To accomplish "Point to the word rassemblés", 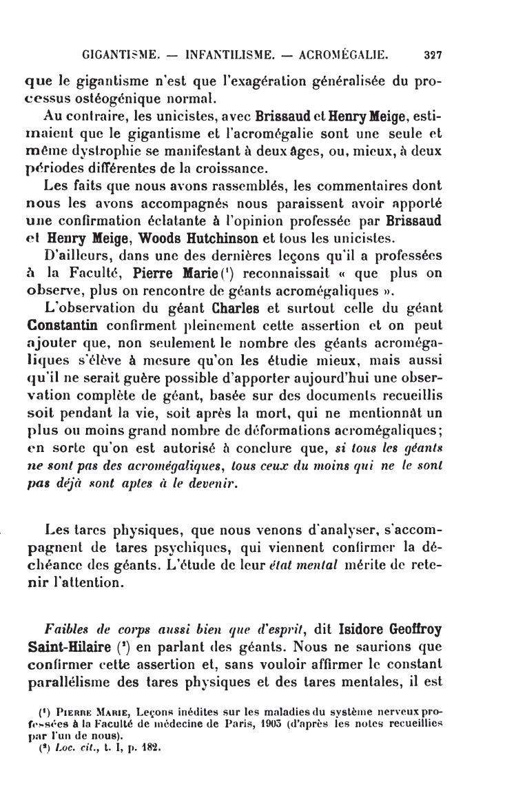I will (215, 185).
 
